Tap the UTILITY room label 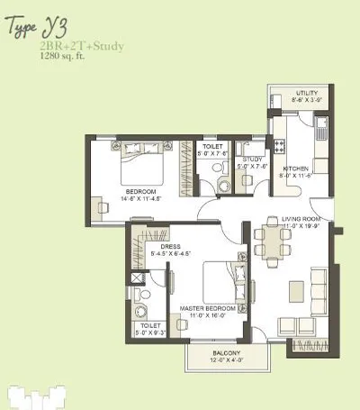click(309, 94)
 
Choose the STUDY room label click(252, 159)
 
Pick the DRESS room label click(170, 246)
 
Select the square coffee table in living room click(296, 290)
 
